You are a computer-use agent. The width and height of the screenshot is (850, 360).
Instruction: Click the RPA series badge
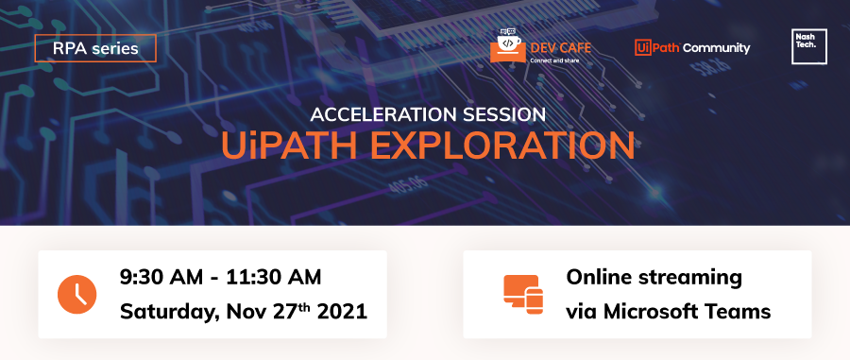[95, 48]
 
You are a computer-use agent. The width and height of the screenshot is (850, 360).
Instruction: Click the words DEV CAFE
[560, 47]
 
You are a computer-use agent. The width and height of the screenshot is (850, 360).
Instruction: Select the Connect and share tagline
[554, 60]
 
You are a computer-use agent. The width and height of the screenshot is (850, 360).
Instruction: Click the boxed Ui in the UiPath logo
[643, 47]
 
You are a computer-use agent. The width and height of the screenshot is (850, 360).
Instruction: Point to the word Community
[717, 48]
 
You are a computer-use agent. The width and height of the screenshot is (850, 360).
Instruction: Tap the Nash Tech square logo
[809, 46]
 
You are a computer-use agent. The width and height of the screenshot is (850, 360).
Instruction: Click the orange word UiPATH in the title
[289, 146]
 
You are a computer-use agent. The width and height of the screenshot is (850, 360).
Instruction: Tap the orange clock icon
[77, 295]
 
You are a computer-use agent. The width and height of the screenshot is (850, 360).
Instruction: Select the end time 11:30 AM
[274, 277]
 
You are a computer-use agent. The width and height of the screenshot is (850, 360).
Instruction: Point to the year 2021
[342, 312]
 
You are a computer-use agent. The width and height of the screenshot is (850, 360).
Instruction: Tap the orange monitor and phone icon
[523, 295]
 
